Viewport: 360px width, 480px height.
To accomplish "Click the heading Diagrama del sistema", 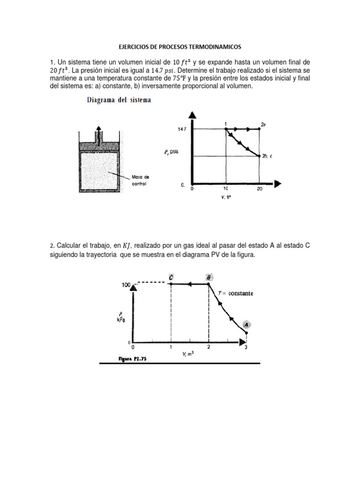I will point(118,100).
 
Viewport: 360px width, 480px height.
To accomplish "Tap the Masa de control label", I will point(139,180).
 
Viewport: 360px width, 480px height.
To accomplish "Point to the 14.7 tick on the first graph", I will point(183,128).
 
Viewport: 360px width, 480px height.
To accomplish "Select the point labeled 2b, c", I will point(260,156).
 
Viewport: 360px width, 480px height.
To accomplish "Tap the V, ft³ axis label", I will point(225,197).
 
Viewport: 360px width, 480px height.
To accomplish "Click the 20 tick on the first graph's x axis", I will point(259,189).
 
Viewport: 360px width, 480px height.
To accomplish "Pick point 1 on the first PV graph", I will point(226,128).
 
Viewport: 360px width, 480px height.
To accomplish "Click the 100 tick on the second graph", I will point(126,284).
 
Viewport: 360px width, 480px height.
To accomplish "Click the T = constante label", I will point(236,293).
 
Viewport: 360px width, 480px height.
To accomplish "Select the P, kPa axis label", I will point(122,318).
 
